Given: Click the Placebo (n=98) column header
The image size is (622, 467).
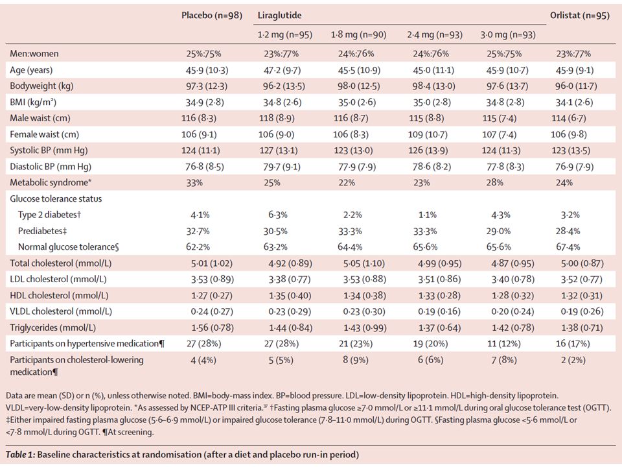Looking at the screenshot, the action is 212,16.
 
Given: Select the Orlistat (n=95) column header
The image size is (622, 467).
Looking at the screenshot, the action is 579,16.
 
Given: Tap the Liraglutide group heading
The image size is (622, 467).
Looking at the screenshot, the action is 280,16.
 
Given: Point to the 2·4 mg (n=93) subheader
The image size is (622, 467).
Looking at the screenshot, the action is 435,35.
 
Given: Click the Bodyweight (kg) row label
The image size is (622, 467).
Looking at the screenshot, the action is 41,86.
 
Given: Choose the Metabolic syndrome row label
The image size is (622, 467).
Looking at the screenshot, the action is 51,182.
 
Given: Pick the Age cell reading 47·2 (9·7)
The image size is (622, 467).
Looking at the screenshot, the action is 282,70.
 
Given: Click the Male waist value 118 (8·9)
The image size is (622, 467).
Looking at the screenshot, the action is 277,118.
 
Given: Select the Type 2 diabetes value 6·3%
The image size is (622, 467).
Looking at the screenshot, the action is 278,215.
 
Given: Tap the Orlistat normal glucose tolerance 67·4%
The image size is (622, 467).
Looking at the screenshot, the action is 568,247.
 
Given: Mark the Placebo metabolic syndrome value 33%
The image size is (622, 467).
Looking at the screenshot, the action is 194,183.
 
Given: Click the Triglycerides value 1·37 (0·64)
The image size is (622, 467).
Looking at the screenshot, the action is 439,328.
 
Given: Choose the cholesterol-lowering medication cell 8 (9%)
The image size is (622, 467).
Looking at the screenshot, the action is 356,360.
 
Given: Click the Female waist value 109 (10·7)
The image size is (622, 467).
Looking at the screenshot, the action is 428,134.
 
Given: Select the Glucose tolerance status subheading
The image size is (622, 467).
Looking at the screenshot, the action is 56,198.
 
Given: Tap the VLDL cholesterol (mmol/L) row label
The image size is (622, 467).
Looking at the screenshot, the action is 61,311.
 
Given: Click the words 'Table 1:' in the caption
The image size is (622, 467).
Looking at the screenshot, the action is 20,455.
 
